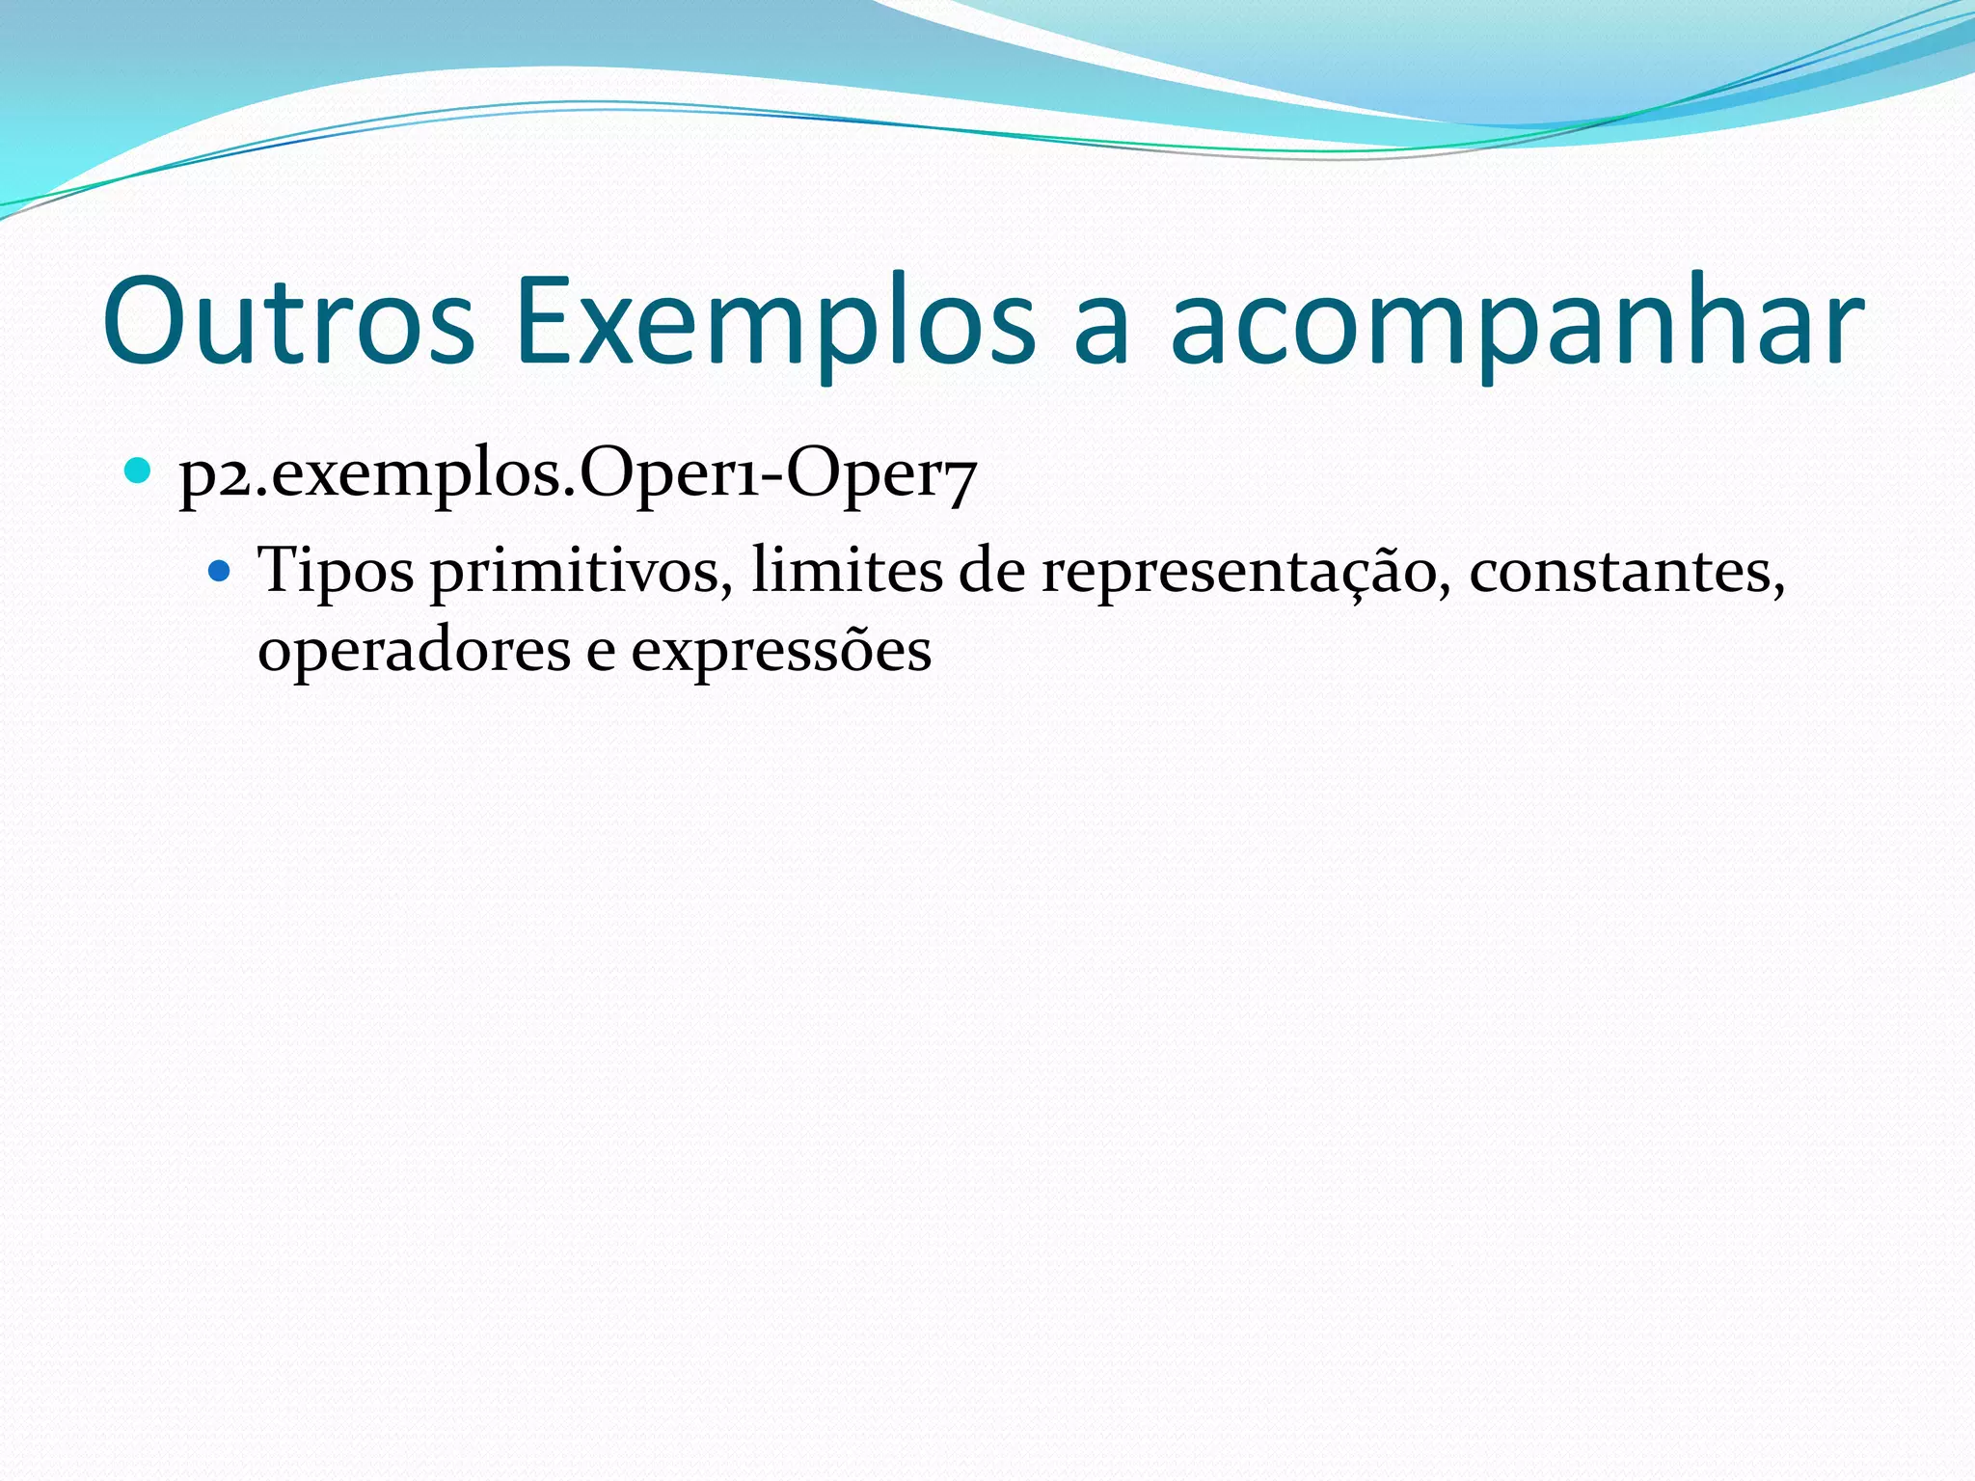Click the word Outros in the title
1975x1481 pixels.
click(288, 321)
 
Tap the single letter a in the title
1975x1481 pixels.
click(1100, 333)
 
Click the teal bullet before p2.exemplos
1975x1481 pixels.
click(139, 471)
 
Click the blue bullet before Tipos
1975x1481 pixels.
click(220, 572)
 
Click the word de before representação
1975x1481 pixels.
click(991, 571)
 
